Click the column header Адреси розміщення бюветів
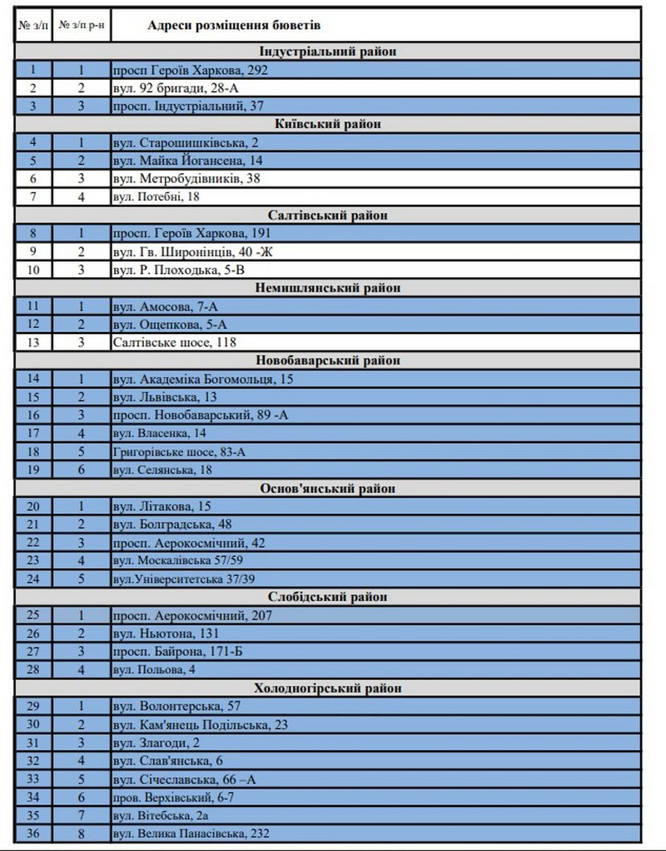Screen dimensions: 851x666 235,26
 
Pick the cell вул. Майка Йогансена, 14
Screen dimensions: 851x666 187,160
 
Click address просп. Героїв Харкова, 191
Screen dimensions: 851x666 191,233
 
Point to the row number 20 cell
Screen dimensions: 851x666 33,506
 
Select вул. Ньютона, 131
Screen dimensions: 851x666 166,634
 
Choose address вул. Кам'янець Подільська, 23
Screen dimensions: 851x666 200,724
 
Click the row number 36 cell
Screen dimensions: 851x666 33,834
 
